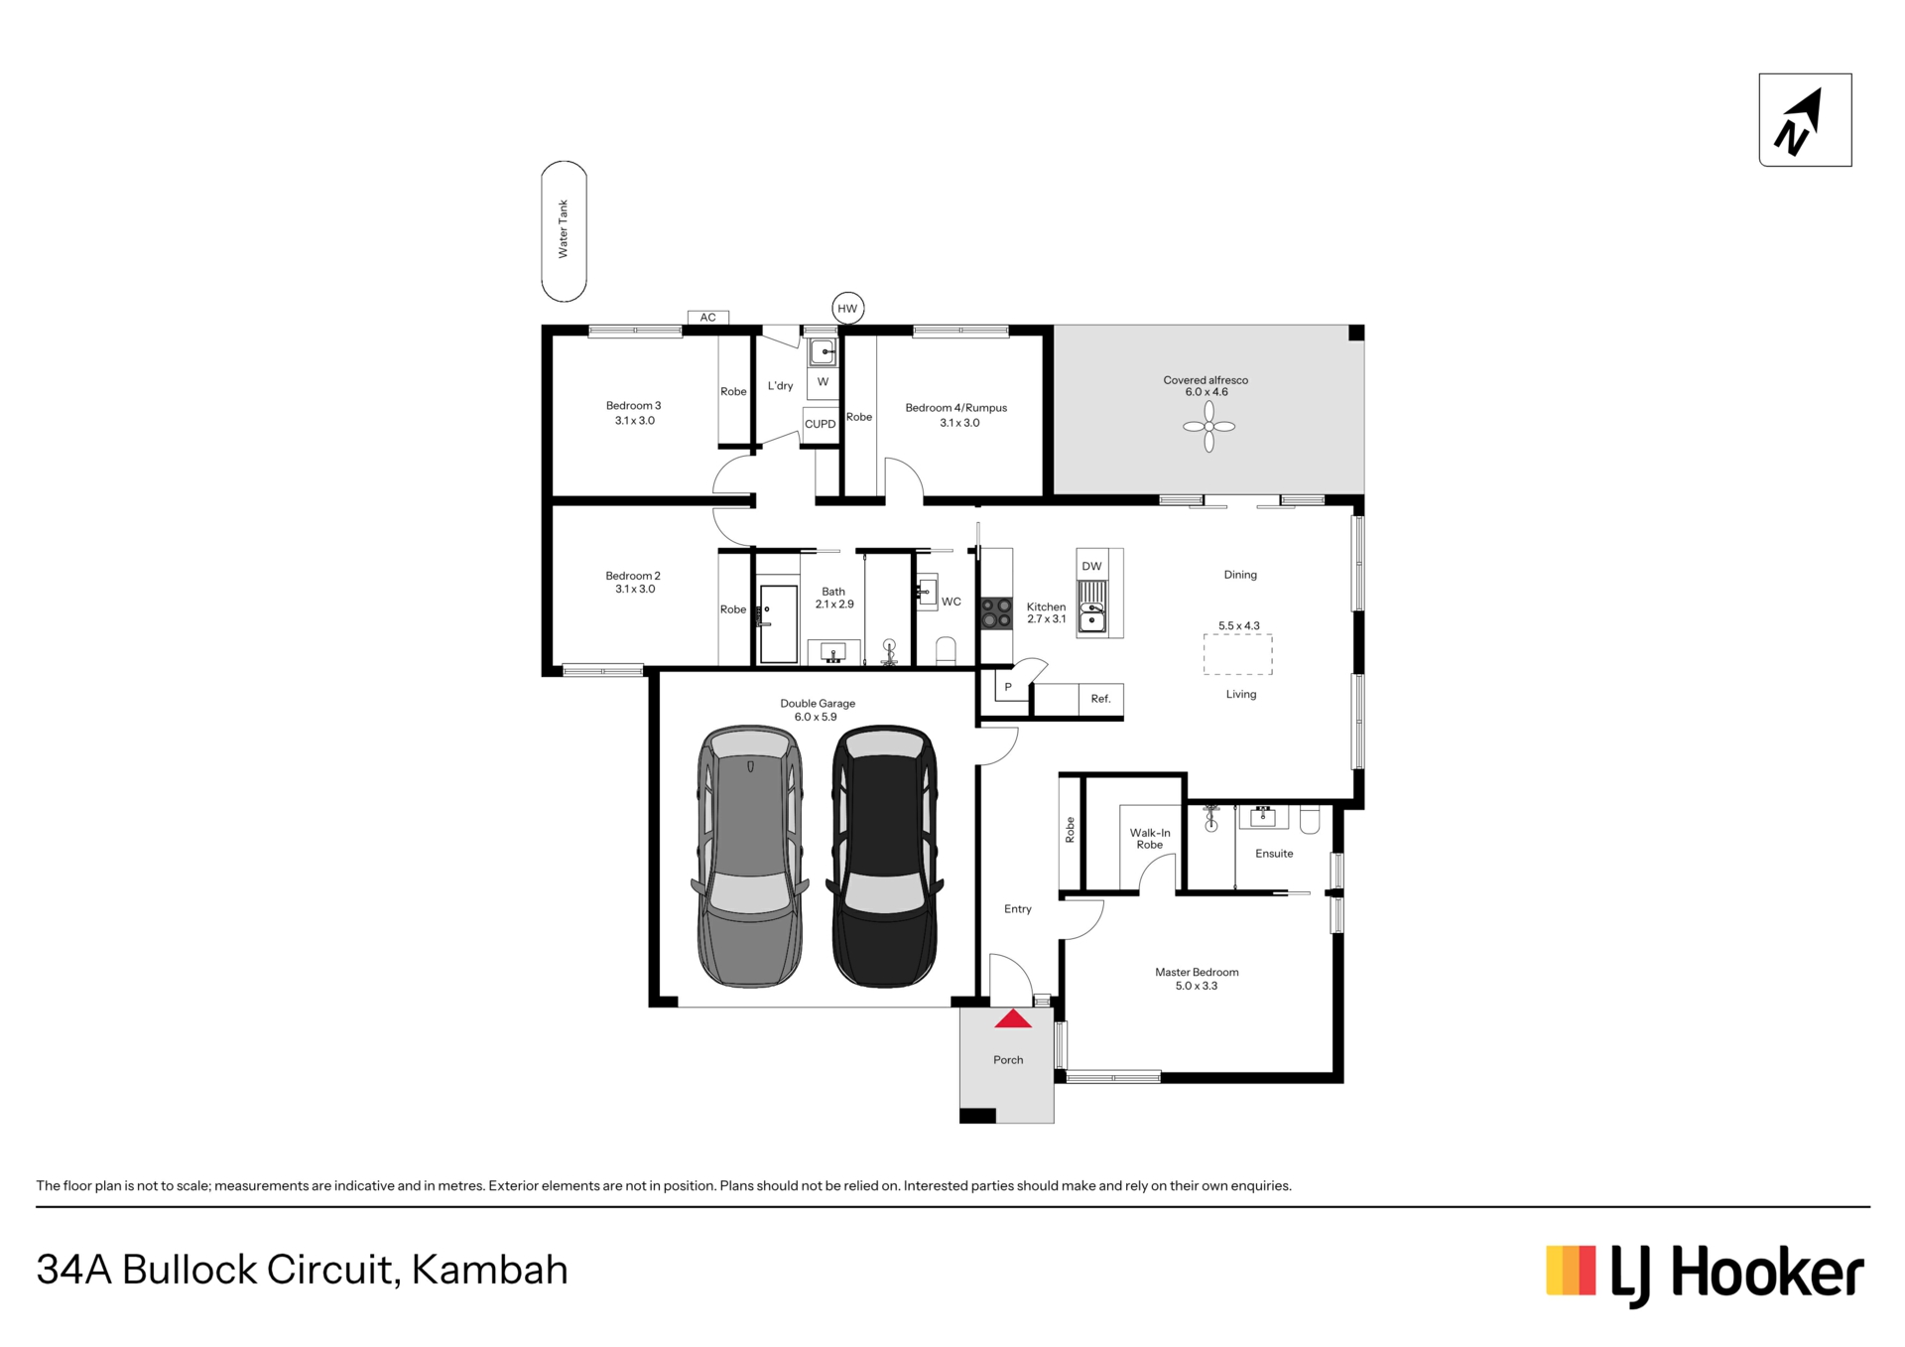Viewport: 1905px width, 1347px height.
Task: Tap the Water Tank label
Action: click(x=564, y=229)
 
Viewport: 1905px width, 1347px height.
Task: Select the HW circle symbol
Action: click(x=847, y=309)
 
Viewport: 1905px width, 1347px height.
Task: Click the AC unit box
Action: click(x=708, y=318)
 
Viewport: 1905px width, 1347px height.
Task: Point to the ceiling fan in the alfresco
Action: click(x=1208, y=427)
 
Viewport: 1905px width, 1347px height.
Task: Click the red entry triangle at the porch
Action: click(x=1013, y=1018)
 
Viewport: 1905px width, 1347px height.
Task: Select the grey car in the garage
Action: click(x=750, y=856)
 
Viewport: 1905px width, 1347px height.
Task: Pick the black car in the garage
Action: click(x=885, y=856)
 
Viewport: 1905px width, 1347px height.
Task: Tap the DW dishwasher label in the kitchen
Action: click(x=1091, y=567)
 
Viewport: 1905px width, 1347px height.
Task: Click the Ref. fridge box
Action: click(x=1100, y=699)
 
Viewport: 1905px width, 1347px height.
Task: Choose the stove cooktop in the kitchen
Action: click(x=996, y=613)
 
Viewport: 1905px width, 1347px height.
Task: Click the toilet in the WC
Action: click(x=946, y=650)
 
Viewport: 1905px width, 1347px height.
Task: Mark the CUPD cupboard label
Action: click(x=821, y=424)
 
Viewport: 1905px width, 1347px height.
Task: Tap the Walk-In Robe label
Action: click(x=1150, y=839)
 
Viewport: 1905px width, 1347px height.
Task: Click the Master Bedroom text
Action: click(x=1197, y=973)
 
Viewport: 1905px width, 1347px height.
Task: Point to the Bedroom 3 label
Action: click(x=633, y=406)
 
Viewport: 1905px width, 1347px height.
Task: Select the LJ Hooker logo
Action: click(x=1705, y=1274)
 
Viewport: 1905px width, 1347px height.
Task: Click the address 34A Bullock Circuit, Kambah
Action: click(x=303, y=1271)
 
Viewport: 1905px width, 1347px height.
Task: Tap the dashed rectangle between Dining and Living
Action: click(x=1238, y=655)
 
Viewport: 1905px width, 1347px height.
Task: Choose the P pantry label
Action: click(x=1008, y=687)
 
